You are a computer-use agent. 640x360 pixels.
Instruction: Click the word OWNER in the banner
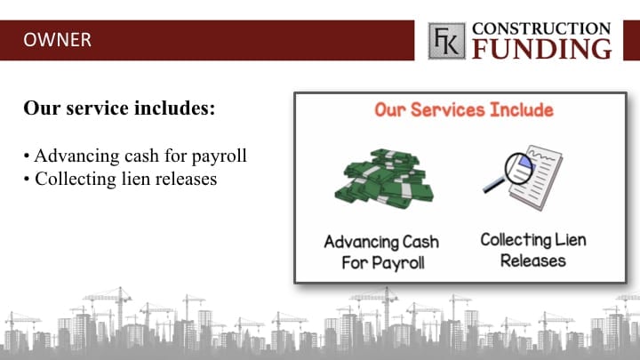click(x=57, y=40)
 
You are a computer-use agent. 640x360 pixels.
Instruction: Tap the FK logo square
click(x=446, y=41)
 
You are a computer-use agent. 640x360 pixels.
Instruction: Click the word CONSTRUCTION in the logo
click(x=541, y=28)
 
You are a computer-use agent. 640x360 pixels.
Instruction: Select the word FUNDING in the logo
click(x=542, y=49)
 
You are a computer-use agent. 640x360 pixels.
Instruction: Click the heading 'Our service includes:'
click(x=119, y=108)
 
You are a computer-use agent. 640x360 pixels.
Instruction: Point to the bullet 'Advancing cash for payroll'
click(x=135, y=156)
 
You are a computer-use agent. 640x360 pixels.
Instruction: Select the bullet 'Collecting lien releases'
click(x=120, y=179)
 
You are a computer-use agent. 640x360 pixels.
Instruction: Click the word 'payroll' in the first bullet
click(x=220, y=156)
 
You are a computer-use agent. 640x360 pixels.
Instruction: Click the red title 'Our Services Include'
click(x=464, y=110)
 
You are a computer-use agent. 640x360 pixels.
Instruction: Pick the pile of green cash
click(x=384, y=180)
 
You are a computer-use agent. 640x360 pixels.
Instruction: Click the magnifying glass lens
click(x=519, y=169)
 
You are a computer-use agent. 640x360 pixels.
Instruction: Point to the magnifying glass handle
click(x=494, y=185)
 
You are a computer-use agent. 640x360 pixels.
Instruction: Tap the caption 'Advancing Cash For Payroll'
click(x=382, y=252)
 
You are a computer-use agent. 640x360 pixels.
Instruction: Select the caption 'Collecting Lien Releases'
click(x=533, y=250)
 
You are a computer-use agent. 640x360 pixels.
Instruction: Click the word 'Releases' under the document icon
click(x=533, y=260)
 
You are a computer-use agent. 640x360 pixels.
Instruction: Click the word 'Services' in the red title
click(x=448, y=110)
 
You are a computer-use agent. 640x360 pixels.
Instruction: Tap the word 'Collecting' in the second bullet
click(x=76, y=180)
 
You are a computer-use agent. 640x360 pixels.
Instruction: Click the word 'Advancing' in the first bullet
click(x=76, y=156)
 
